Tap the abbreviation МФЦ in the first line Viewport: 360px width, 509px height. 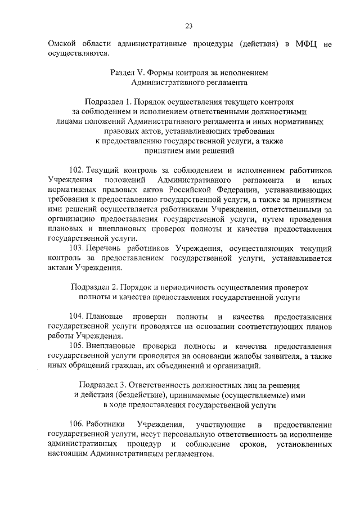(x=302, y=44)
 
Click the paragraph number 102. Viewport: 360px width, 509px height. (x=76, y=169)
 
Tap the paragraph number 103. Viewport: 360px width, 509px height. (x=76, y=248)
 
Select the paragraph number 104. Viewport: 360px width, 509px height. (x=76, y=316)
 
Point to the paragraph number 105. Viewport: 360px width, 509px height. (x=76, y=345)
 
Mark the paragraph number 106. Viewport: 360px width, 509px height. (x=76, y=424)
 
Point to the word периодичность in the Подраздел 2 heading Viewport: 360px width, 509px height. (x=197, y=287)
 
